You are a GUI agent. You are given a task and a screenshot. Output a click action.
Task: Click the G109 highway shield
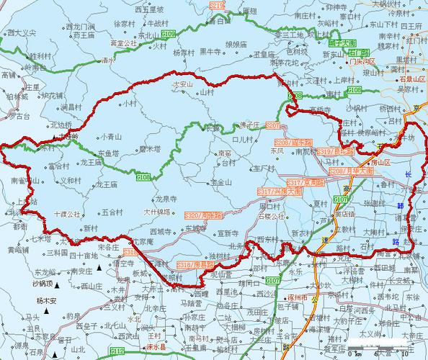point(168,34)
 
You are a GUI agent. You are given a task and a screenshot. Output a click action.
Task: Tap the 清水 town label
point(108,61)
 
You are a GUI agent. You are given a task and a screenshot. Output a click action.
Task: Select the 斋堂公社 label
point(123,43)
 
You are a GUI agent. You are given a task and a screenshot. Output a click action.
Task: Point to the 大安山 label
point(182,85)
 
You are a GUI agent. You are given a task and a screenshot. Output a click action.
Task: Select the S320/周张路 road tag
point(202,215)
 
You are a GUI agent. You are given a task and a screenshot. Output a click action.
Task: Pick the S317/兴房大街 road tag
point(277,192)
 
